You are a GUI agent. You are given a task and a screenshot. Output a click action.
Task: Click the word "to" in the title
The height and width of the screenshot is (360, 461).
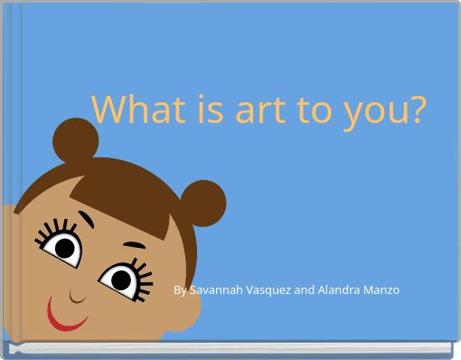319,109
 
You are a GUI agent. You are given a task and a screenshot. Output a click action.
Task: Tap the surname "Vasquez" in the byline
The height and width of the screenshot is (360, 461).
268,290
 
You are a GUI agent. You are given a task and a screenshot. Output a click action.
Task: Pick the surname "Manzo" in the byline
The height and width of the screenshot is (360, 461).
382,290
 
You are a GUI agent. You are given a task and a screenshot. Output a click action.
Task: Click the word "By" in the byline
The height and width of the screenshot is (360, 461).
180,290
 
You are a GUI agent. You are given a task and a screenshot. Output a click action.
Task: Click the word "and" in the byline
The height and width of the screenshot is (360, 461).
305,290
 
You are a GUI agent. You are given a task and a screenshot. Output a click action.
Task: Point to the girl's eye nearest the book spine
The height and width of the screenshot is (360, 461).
62,245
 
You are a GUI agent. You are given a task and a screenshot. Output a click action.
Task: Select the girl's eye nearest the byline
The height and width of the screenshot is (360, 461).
118,275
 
